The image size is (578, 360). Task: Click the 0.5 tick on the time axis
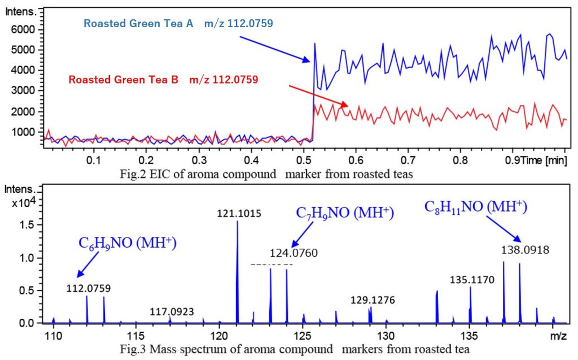(x=303, y=160)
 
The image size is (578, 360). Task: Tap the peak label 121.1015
(x=237, y=213)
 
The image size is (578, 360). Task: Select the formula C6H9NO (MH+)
(x=128, y=244)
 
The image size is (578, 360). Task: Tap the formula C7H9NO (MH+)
(x=344, y=213)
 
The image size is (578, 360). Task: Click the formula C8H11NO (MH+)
(x=476, y=207)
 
